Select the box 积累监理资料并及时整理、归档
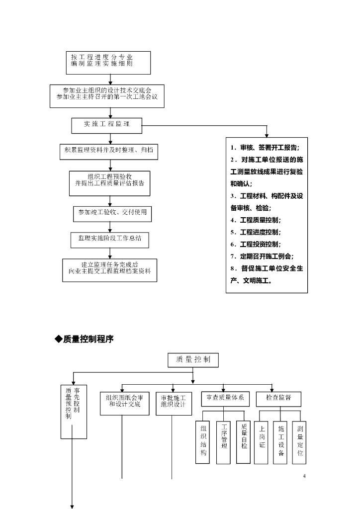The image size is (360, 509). coord(108,150)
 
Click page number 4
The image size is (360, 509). coord(304,477)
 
